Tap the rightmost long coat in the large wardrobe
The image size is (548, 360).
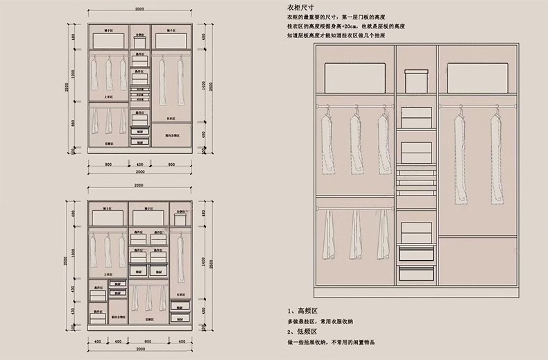tap(497, 160)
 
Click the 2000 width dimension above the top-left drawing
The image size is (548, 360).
tap(139, 9)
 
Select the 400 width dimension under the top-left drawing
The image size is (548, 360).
tap(139, 165)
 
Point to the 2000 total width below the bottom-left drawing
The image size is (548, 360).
tap(139, 349)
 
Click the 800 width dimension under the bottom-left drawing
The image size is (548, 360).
tap(149, 341)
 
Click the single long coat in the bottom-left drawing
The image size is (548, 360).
tap(181, 257)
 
